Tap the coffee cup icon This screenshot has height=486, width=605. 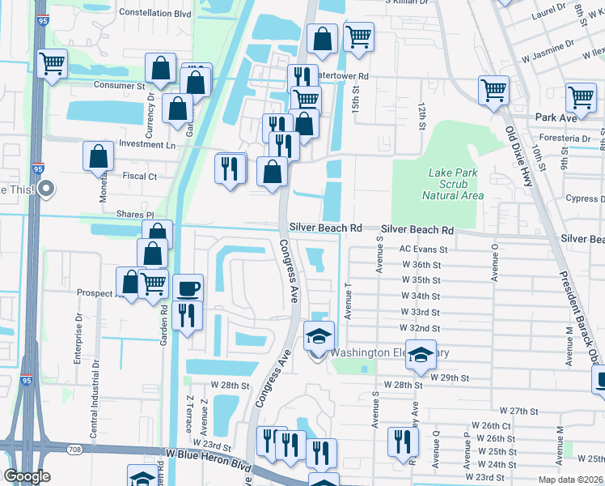(188, 288)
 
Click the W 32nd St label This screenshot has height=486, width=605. (420, 328)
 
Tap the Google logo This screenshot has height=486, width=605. (27, 476)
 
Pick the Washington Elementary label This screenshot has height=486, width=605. (390, 353)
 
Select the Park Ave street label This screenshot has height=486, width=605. (556, 117)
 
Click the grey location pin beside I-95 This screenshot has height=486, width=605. (46, 190)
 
